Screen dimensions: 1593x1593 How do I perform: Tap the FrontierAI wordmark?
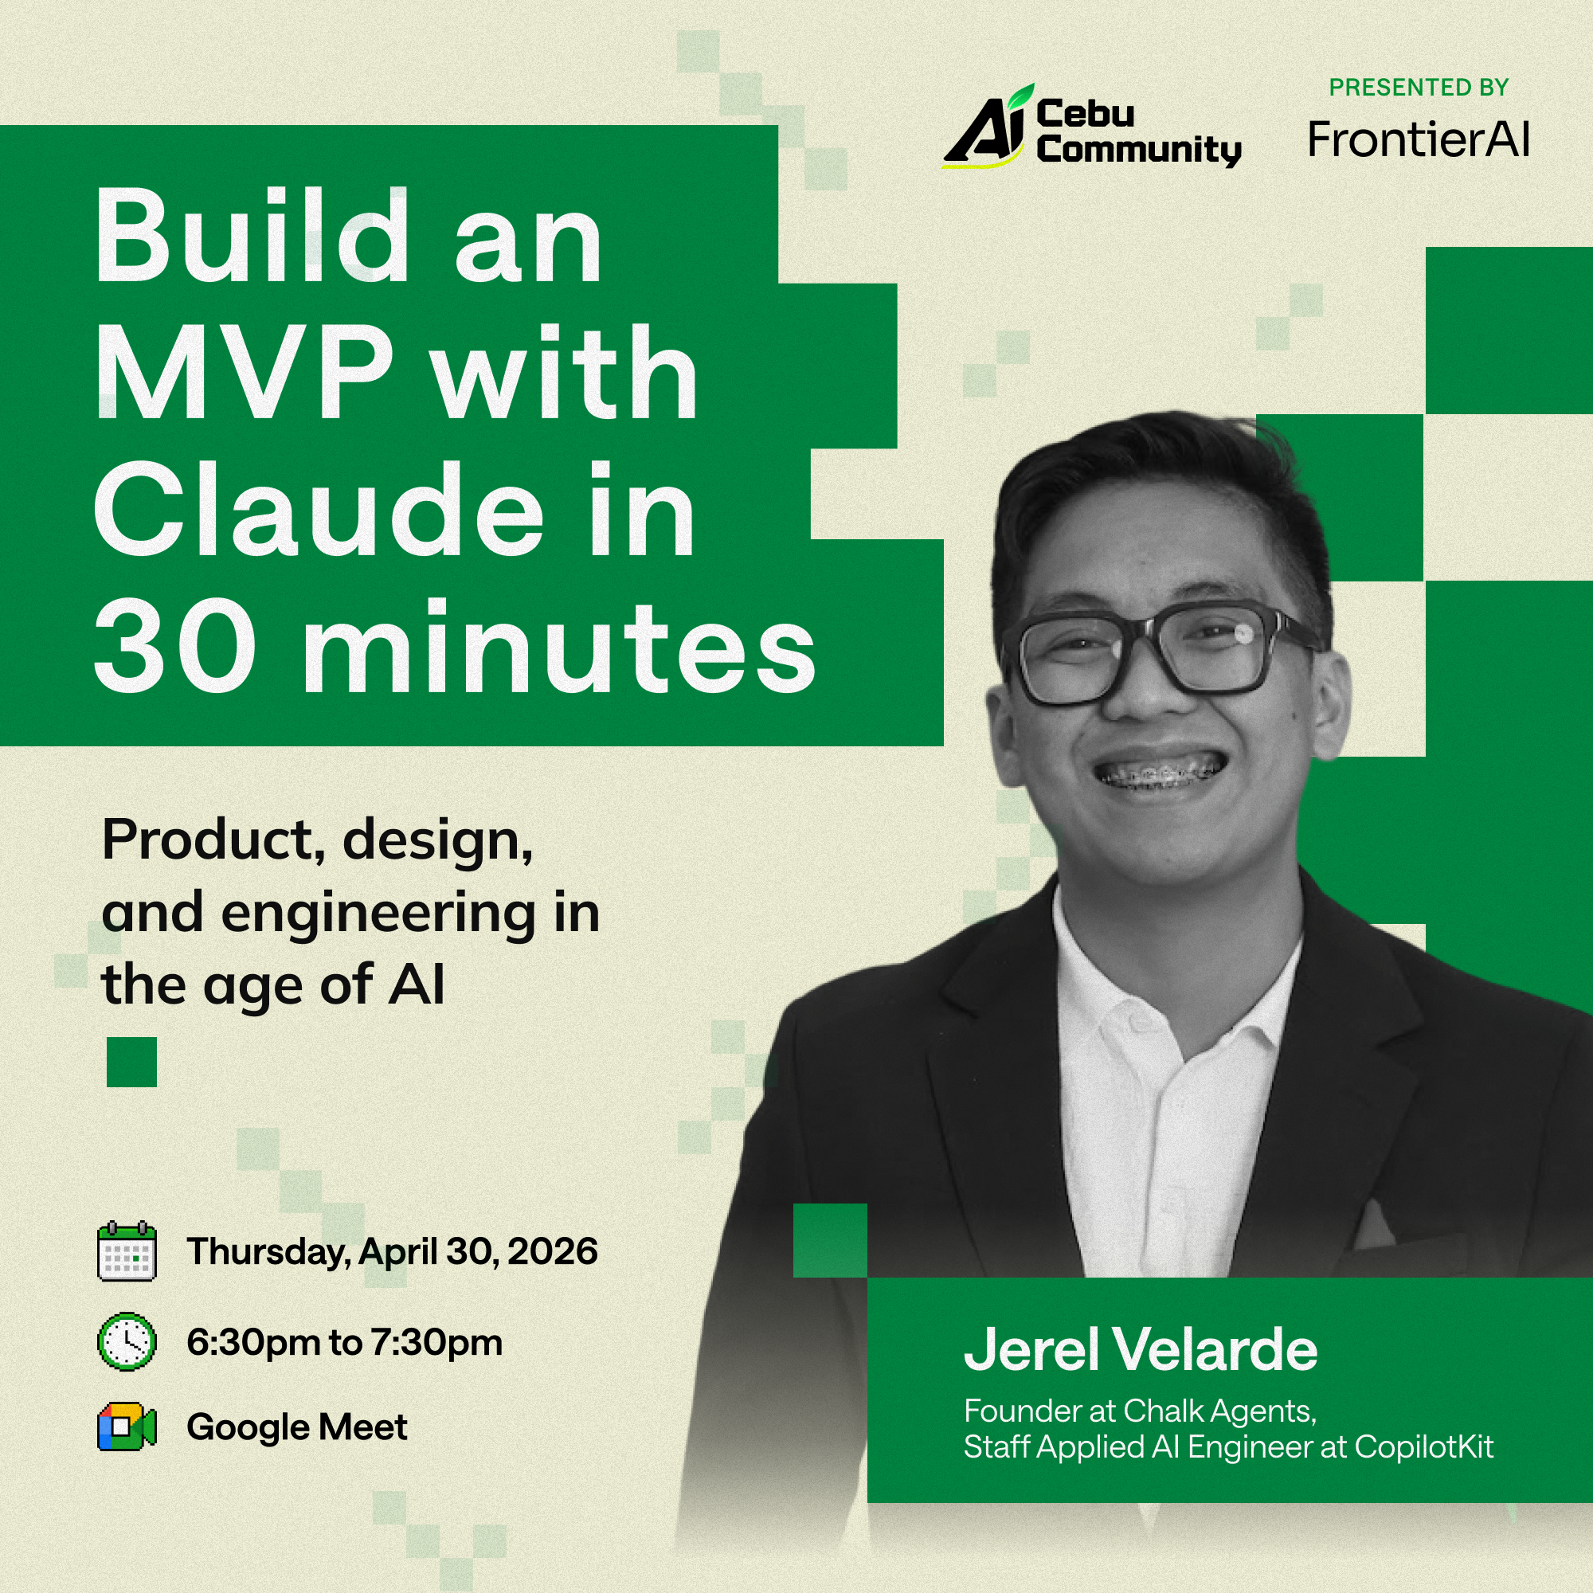point(1419,139)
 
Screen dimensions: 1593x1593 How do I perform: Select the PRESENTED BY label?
point(1419,88)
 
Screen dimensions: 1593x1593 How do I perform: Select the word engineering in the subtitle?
point(378,914)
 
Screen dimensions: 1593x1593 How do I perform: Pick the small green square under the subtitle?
point(132,1062)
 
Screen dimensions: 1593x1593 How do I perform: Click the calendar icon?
point(126,1251)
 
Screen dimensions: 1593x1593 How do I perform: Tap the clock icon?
point(126,1341)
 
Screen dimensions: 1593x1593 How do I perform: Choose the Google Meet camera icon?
point(126,1427)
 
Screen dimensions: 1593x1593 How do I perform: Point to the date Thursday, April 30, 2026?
point(392,1251)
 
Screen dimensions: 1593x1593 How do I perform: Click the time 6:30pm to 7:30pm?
point(344,1342)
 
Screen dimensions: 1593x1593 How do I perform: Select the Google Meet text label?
point(297,1427)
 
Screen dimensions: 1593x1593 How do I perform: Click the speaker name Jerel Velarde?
point(1141,1350)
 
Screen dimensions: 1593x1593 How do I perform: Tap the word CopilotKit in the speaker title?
point(1423,1447)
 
